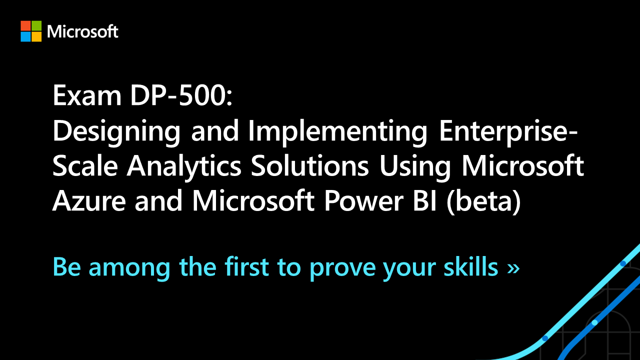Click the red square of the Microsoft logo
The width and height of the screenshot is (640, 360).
tap(25, 25)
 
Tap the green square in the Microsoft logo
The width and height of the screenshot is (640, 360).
tap(36, 25)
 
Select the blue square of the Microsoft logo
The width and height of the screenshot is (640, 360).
tap(25, 36)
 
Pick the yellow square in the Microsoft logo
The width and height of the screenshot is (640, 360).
tap(36, 36)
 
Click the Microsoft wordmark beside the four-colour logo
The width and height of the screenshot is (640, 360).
tap(82, 31)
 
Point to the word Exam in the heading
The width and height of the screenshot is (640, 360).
tap(87, 95)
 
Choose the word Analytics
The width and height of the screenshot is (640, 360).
tap(184, 167)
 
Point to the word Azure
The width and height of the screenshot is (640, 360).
tap(89, 201)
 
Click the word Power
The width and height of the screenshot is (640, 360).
tap(363, 201)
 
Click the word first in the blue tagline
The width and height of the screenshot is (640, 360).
tap(247, 266)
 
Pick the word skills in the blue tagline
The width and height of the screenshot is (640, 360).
tap(471, 266)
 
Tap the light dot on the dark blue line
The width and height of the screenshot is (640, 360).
tap(594, 322)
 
